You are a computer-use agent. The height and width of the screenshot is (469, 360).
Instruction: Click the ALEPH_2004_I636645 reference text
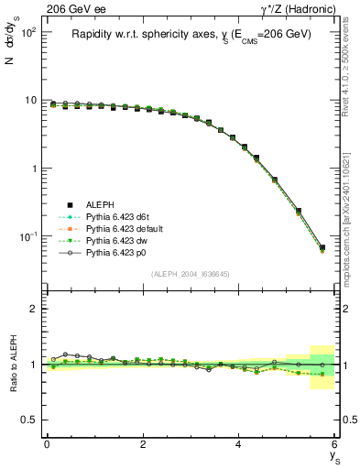(191, 274)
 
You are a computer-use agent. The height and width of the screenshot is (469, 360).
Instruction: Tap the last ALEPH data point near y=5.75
(322, 246)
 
